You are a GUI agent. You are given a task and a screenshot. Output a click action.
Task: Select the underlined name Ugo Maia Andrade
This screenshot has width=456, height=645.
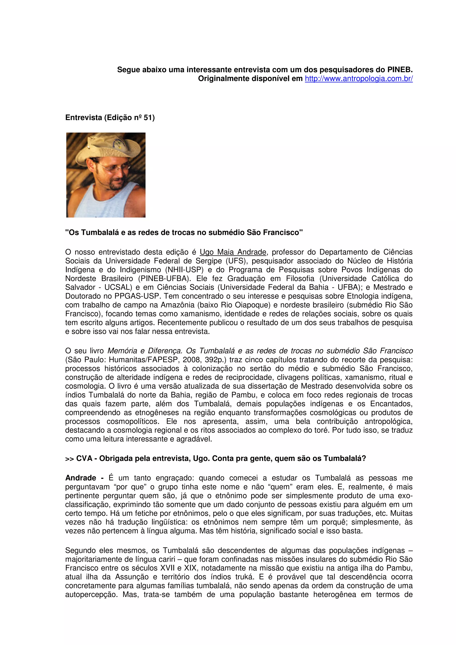[233, 252]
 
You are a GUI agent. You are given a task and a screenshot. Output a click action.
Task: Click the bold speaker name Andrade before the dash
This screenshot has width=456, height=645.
[81, 478]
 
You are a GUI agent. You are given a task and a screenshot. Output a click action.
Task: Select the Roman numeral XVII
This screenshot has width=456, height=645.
[167, 568]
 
